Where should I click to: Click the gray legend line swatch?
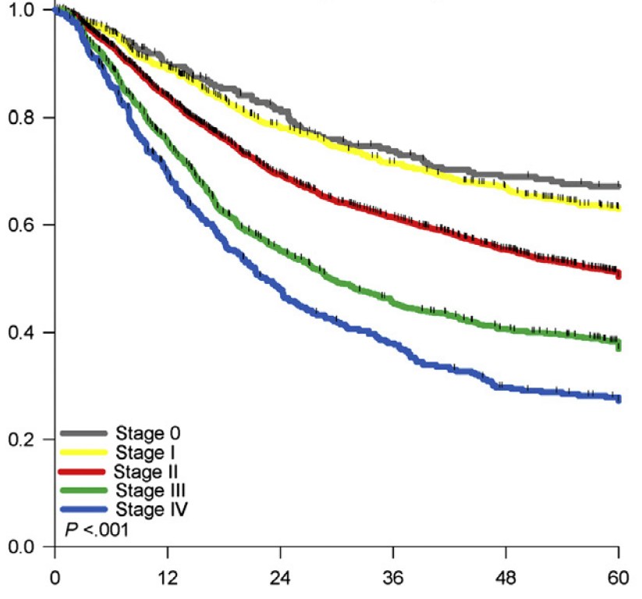pyautogui.click(x=85, y=433)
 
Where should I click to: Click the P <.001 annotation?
pyautogui.click(x=95, y=530)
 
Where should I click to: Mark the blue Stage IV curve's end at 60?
pyautogui.click(x=618, y=398)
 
